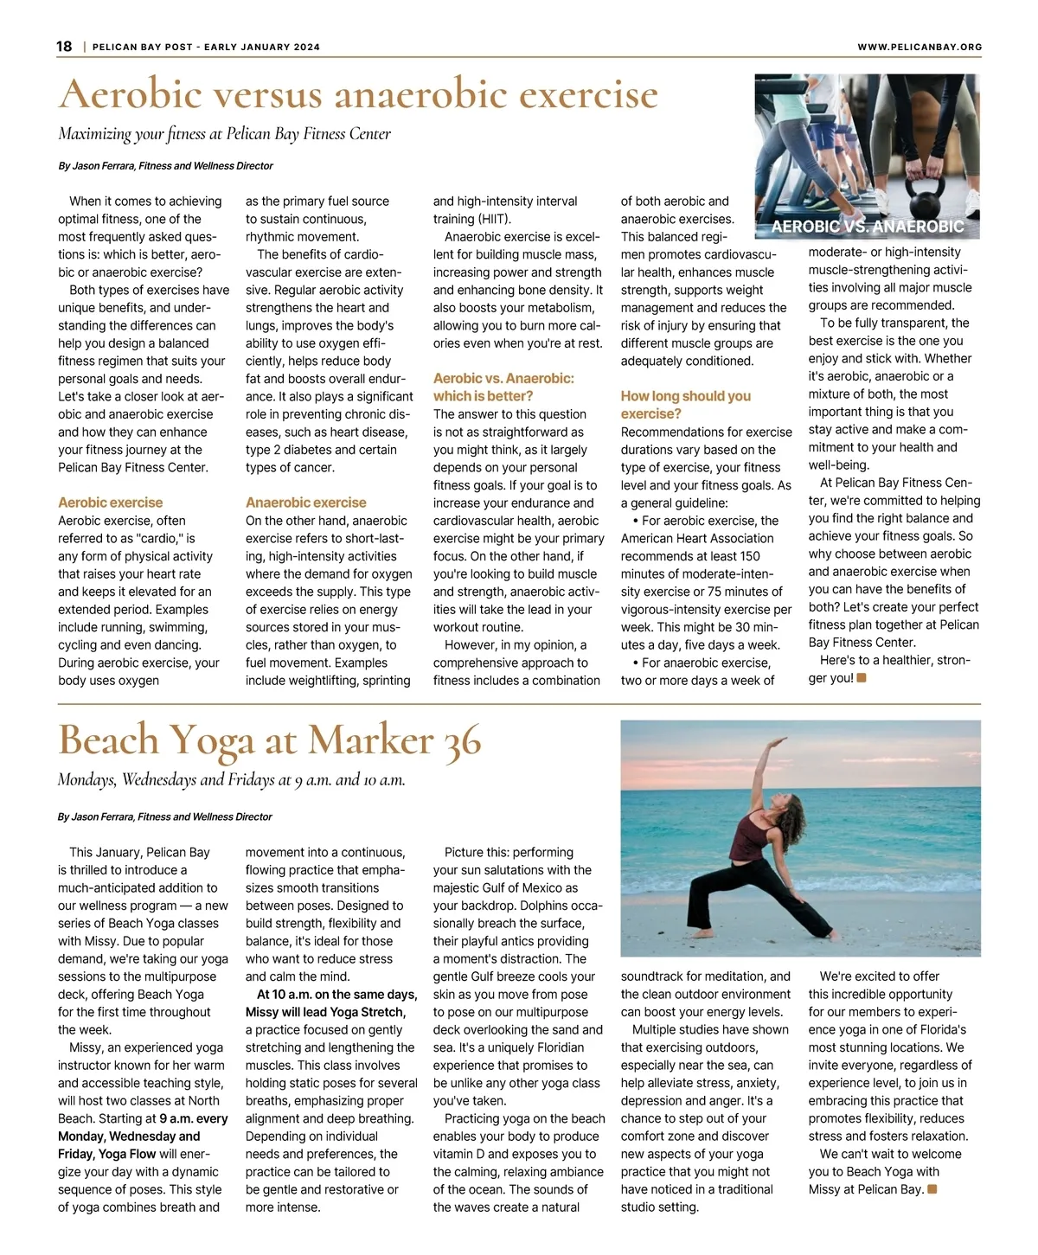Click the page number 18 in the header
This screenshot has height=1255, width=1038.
[65, 47]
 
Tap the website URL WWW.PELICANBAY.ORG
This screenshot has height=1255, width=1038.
[919, 48]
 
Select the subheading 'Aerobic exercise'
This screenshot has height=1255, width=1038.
[110, 503]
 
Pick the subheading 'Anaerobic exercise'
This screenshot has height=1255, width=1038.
[305, 503]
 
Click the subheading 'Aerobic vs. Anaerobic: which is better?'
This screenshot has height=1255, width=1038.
[503, 387]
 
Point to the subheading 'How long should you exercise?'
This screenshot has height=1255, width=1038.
[685, 405]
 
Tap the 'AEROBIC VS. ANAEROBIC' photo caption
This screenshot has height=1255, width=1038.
[867, 227]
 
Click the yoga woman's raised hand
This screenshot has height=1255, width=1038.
[780, 741]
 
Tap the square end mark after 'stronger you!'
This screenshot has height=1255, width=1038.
[862, 677]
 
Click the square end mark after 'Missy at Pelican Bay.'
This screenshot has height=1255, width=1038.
[932, 1189]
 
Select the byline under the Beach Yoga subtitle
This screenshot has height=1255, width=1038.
[164, 816]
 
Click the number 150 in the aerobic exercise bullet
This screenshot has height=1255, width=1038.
[749, 556]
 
